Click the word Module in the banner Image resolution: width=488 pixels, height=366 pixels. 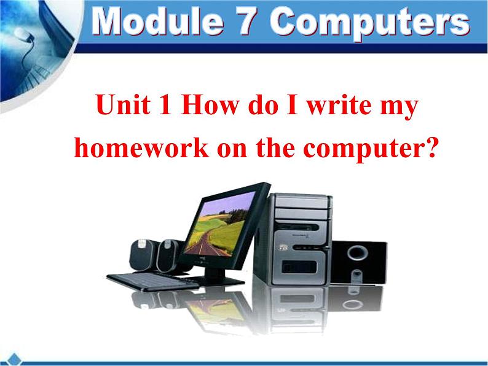tap(157, 21)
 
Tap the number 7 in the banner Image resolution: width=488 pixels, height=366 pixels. tap(247, 21)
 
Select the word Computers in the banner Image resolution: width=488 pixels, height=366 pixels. tap(370, 23)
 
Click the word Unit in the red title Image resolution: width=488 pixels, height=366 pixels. tap(124, 104)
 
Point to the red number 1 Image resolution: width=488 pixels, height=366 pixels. tap(165, 104)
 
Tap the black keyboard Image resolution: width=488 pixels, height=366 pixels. tap(153, 282)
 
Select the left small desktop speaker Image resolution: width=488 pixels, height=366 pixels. tap(142, 255)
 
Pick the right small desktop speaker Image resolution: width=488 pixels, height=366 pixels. tap(168, 255)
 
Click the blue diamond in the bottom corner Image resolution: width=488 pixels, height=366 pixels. tap(14, 359)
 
